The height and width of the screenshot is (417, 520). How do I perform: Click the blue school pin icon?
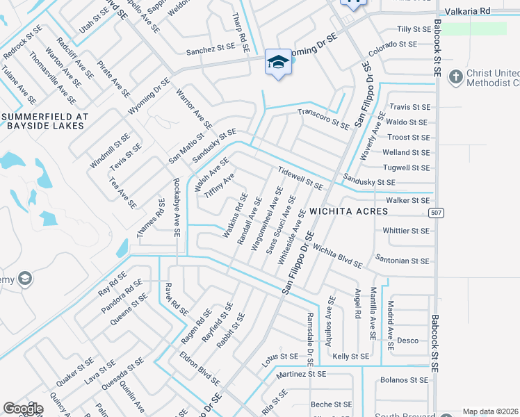point(278,62)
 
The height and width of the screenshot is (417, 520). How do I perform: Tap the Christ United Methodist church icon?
point(456,77)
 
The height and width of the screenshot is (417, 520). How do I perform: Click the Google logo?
point(23,408)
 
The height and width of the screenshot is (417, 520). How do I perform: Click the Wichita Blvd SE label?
point(337,256)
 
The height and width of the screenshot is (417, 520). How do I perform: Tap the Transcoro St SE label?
point(323,119)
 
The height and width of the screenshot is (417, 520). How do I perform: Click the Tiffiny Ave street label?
point(219,186)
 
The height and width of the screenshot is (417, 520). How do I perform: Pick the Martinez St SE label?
point(300,374)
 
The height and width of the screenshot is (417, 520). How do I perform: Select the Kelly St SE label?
point(350,357)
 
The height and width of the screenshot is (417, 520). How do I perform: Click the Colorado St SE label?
point(392,44)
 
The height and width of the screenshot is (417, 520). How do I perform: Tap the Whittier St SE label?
point(406,231)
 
